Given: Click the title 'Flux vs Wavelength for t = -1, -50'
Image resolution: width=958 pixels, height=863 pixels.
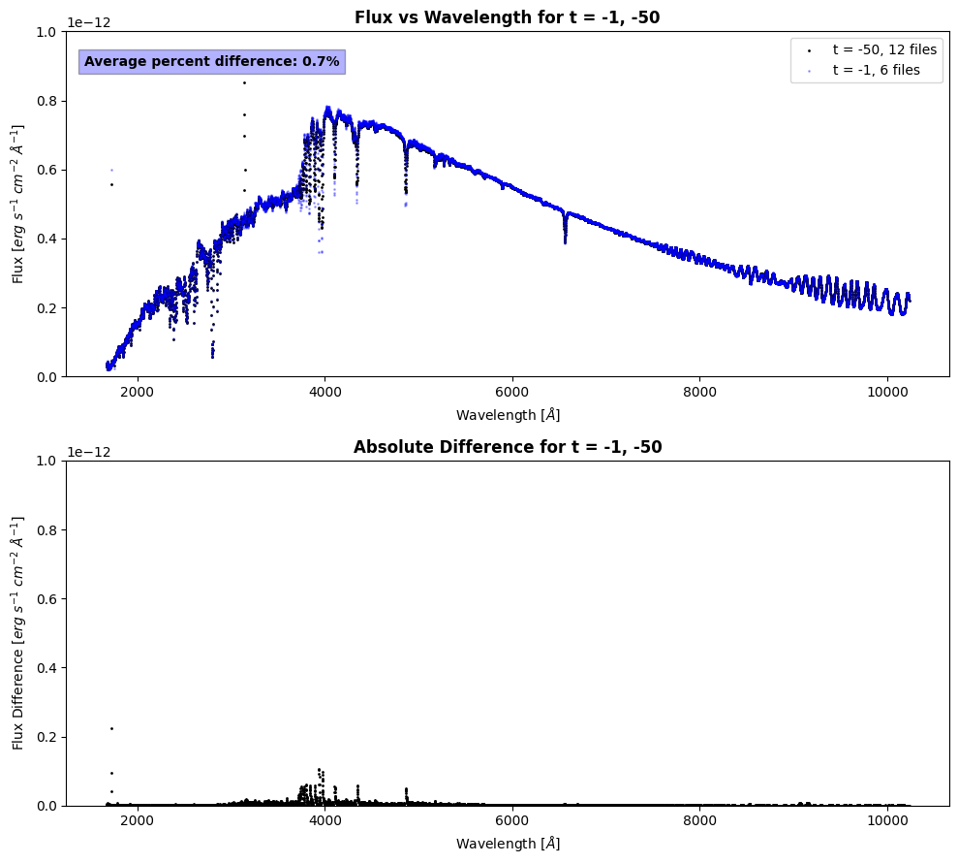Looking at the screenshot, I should coord(508,17).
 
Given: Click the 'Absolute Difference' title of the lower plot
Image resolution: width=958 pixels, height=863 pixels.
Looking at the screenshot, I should coord(508,447).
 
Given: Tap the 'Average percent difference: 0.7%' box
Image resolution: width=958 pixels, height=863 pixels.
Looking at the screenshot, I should coord(211,62).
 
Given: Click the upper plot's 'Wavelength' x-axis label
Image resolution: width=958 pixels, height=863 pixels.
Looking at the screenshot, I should coord(508,415).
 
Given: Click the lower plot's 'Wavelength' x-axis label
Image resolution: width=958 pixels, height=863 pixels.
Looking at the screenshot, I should coord(508,844).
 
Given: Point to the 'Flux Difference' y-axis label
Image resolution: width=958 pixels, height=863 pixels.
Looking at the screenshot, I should coord(19,632).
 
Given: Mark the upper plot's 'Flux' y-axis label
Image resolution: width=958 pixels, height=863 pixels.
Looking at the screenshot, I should coord(19,204).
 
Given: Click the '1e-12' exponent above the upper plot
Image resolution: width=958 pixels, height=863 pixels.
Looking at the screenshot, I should coord(87,22).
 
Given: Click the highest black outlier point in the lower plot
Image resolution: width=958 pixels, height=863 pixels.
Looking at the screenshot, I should coord(111,728).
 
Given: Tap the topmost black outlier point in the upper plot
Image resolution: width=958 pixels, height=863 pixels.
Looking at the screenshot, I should coord(244,82).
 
